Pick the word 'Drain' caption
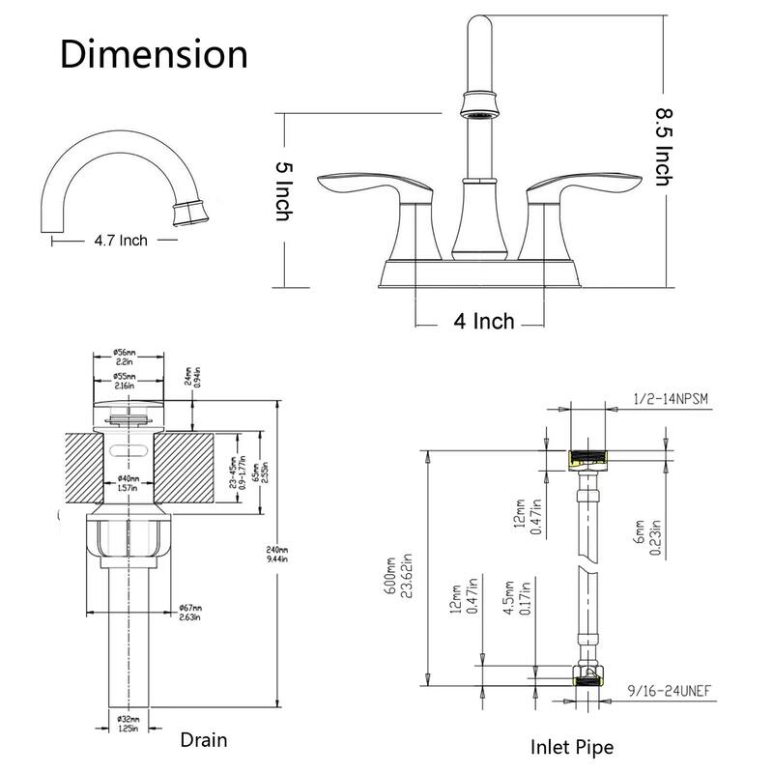click(x=204, y=740)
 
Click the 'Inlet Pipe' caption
click(x=571, y=746)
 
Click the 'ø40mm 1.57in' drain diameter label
click(x=128, y=484)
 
